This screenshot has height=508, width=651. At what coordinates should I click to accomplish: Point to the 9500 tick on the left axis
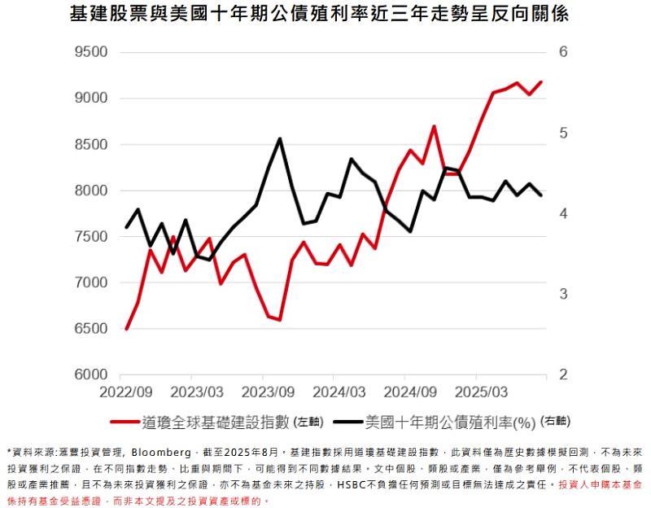click(x=90, y=53)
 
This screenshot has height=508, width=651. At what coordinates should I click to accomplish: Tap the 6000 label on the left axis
click(x=90, y=375)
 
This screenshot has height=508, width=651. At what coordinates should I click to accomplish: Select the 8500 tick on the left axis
click(x=90, y=145)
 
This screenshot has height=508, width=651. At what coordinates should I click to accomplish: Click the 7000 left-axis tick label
click(x=90, y=283)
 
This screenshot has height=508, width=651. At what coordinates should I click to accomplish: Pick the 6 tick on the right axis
click(x=561, y=53)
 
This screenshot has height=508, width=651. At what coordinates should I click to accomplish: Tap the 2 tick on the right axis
click(x=561, y=375)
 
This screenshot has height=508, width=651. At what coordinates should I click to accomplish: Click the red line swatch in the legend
click(x=123, y=423)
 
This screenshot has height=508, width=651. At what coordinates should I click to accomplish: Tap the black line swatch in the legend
click(x=345, y=423)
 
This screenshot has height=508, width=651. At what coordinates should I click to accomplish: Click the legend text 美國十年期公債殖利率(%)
click(x=450, y=423)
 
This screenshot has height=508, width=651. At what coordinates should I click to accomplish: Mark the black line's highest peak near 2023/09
click(x=280, y=139)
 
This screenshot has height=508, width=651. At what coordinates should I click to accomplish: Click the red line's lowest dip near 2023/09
click(x=280, y=320)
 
